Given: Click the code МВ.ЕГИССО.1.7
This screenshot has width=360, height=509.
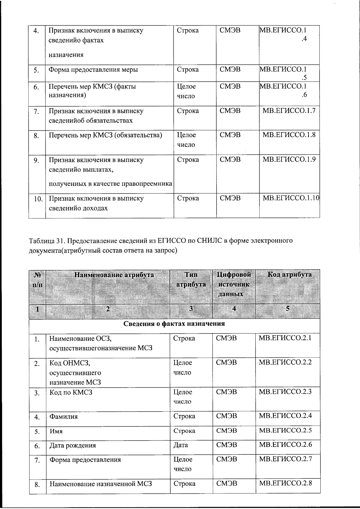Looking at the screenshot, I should (289, 111).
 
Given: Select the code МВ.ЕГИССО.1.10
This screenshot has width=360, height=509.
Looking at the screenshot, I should (291, 198).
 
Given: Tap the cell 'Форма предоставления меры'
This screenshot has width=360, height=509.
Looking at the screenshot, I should (93, 70).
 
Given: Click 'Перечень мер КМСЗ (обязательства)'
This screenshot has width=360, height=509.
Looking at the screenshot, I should (105, 135).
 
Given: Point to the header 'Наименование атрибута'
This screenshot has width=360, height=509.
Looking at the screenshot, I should (114, 275).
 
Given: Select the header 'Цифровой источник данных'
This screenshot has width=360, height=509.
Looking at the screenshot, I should (234, 284).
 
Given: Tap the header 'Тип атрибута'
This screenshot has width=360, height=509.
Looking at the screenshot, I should (191, 280).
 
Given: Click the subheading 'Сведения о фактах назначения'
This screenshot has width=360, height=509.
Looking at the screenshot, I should (174, 324).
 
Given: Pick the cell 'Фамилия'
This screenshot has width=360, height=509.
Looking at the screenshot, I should (63, 417).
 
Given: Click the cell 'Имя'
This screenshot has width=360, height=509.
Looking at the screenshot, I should (56, 431).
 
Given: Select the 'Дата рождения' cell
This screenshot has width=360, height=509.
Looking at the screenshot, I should (73, 445).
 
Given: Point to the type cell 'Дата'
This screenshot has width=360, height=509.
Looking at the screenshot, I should (181, 445).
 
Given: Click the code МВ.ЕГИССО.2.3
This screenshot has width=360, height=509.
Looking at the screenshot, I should (285, 392).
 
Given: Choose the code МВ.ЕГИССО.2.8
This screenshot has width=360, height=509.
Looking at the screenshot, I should (285, 483).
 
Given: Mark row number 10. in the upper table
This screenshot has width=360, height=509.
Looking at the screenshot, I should (38, 199).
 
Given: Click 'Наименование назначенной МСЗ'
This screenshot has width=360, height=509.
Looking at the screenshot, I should (100, 484).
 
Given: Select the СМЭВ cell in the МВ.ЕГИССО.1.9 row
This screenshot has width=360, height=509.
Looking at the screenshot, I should (230, 160).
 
